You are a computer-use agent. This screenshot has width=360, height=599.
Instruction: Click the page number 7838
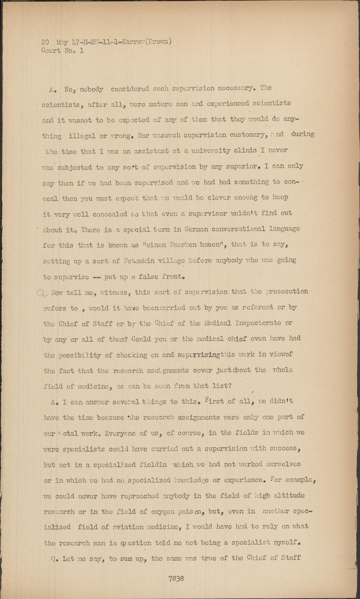pos(175,578)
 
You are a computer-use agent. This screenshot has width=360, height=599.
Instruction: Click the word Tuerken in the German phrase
pos(173,245)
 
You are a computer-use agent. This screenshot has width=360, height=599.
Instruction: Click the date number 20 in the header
pos(47,42)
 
